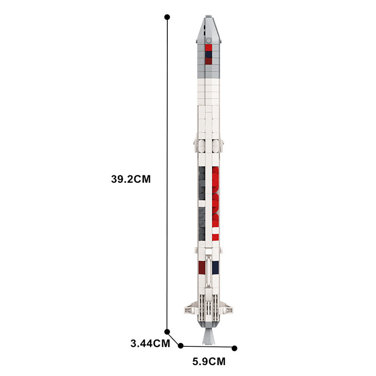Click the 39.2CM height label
point(131,179)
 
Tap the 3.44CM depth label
point(150,344)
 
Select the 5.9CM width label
point(209,361)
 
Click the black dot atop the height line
point(167,17)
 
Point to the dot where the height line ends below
point(167,332)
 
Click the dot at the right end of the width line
point(235,348)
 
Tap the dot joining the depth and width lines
point(181,346)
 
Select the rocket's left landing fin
point(189,309)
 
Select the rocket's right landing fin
point(227,309)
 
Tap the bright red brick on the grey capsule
point(208,47)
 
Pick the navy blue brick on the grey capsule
point(208,55)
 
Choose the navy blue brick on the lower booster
point(216,268)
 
